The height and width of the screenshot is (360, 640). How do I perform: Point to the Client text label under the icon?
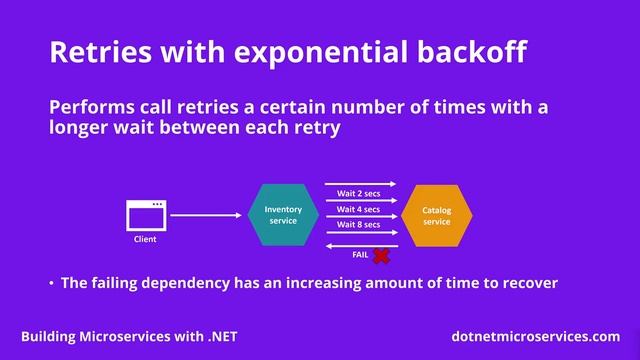tap(145, 240)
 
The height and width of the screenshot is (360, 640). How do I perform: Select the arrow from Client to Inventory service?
tap(206, 215)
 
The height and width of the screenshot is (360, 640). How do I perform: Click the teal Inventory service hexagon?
tap(283, 215)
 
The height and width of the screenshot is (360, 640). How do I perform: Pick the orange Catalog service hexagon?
tap(437, 215)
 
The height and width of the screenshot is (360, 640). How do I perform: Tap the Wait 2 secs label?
tap(358, 193)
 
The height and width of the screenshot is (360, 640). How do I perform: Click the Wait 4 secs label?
tap(358, 209)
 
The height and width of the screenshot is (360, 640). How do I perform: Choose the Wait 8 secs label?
tap(358, 225)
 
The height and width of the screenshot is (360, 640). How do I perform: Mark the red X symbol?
tap(381, 257)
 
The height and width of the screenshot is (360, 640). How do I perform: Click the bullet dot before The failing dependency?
tap(51, 284)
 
